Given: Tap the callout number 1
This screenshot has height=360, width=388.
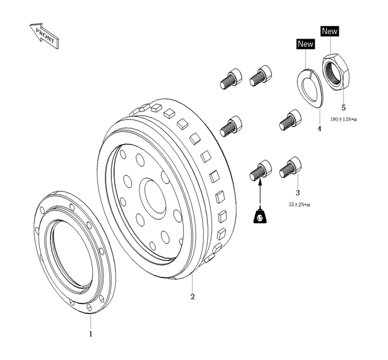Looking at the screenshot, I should [x=91, y=334].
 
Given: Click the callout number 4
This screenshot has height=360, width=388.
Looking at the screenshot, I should [x=318, y=128].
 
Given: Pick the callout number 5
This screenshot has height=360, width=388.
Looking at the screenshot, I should [x=343, y=108].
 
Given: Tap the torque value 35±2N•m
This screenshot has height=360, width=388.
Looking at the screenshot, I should [x=299, y=204].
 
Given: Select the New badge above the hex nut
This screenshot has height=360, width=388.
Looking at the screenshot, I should [x=329, y=31].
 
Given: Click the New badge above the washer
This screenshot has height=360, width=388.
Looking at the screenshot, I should [x=305, y=43].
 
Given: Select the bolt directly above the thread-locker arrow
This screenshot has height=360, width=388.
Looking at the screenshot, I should [x=260, y=170].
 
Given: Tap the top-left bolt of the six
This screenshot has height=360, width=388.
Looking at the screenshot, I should [x=230, y=78].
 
